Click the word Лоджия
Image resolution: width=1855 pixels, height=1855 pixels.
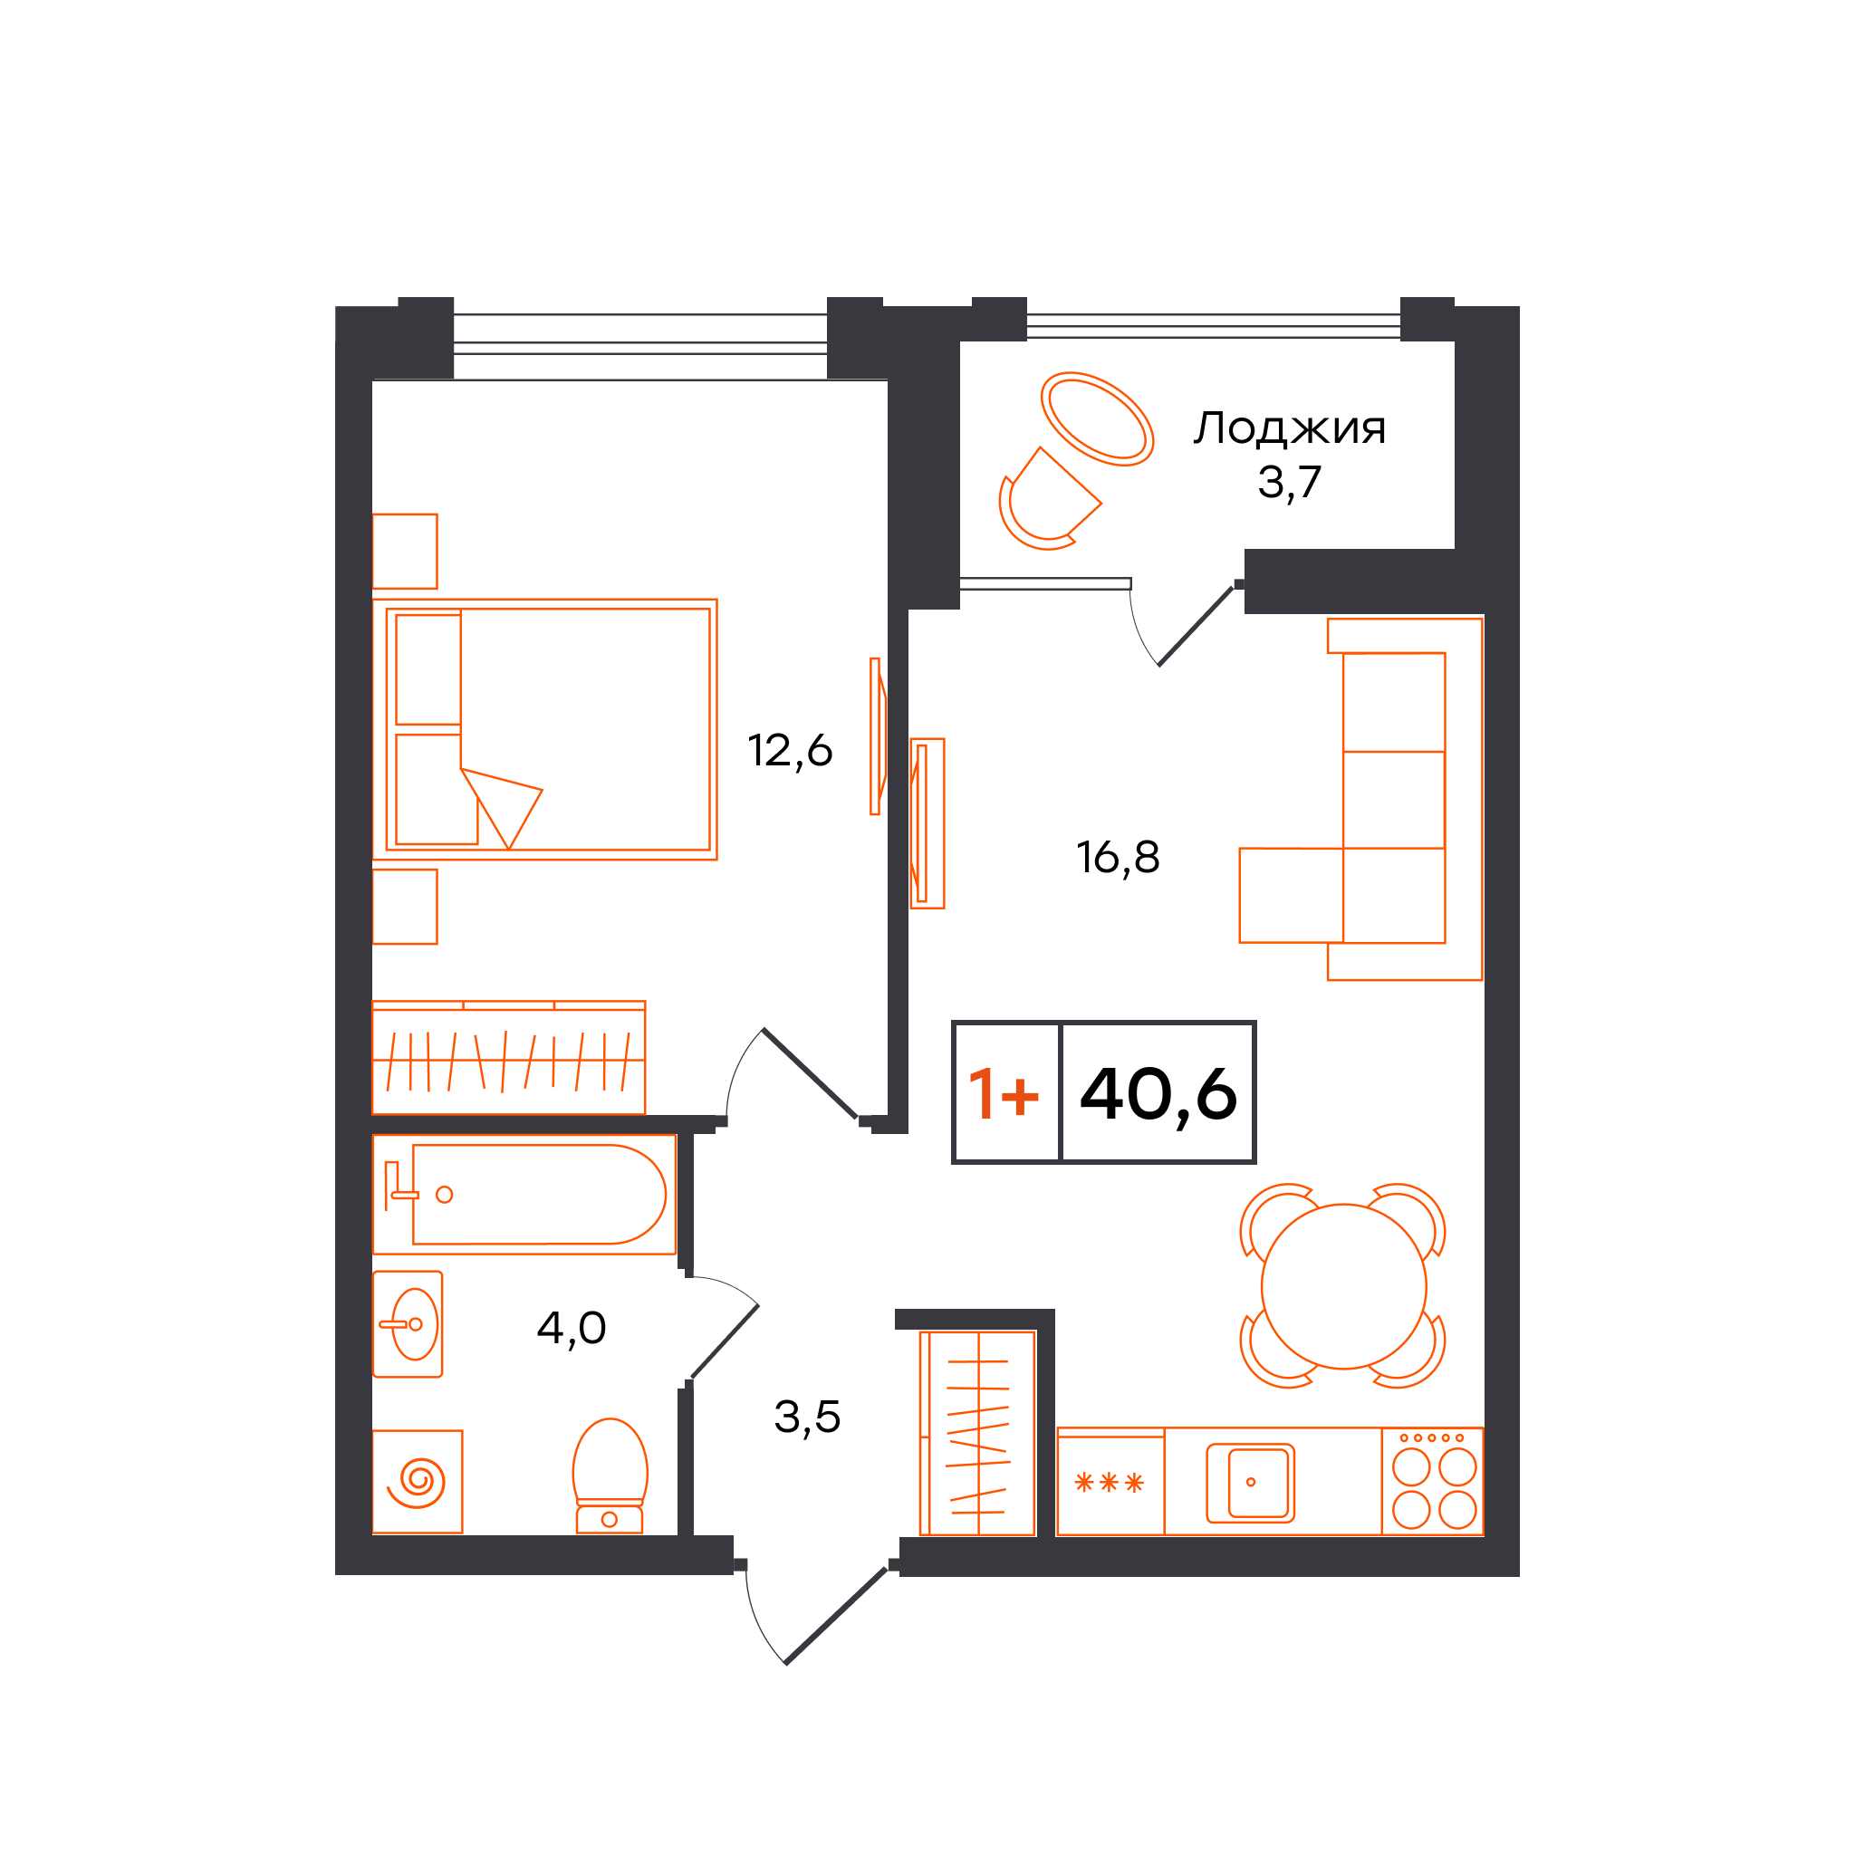(1290, 428)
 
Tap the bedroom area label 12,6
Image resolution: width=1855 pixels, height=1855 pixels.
(789, 751)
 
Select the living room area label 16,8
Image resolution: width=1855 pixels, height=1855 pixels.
(1118, 858)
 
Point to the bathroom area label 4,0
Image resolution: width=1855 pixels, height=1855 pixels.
(572, 1329)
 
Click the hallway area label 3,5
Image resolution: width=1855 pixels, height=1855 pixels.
(807, 1418)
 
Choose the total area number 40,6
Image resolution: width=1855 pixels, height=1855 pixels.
(1158, 1093)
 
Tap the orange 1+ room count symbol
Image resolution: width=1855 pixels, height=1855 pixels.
(1004, 1093)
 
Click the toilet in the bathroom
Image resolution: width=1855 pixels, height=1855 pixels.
(610, 1475)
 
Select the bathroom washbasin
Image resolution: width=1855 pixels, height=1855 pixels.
(408, 1325)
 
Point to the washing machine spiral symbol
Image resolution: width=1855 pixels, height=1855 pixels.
(417, 1483)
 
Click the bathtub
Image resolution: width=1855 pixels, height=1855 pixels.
(524, 1195)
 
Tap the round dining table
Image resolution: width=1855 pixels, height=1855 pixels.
(1343, 1286)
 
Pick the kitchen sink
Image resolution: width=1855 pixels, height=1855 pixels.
(1250, 1483)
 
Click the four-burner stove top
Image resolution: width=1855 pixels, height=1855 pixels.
(1433, 1482)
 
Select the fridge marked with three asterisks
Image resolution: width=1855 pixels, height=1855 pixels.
(1110, 1482)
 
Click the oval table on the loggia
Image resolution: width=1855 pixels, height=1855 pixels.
(1097, 418)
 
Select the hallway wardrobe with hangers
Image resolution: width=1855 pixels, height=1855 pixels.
(977, 1433)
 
